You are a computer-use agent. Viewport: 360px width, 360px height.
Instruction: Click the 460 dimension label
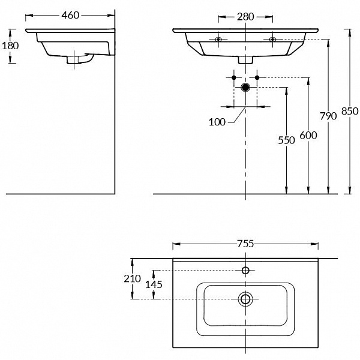tap(70, 15)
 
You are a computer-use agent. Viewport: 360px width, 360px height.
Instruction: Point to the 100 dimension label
tap(217, 122)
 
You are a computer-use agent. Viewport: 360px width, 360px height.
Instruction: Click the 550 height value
tap(287, 140)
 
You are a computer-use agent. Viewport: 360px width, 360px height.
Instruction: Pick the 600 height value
tap(308, 136)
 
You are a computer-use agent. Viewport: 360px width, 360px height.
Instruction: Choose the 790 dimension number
tap(328, 116)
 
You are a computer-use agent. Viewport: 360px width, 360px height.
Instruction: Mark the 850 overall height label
tap(350, 111)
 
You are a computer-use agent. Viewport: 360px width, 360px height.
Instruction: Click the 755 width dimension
tap(245, 244)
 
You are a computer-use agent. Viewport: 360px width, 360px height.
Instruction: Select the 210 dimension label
tap(133, 278)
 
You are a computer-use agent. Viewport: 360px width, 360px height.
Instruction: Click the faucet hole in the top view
tap(245, 271)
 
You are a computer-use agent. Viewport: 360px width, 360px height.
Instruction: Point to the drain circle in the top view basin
tap(245, 298)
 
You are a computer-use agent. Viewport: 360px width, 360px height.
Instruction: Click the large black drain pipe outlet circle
tap(245, 88)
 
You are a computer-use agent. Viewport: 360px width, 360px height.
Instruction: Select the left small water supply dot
tap(234, 78)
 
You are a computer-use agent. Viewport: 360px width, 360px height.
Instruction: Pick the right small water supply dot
tap(257, 78)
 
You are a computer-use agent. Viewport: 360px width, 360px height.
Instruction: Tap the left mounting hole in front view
tap(218, 40)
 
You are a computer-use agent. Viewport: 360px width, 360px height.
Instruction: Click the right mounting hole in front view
tap(272, 40)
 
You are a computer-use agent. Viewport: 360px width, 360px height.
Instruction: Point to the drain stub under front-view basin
tap(245, 59)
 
